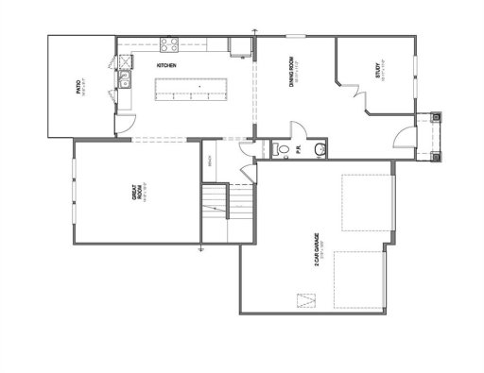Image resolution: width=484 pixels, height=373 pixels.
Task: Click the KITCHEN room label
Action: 167,65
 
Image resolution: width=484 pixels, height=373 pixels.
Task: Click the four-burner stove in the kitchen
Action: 170,43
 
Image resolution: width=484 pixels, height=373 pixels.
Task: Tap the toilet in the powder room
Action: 279,149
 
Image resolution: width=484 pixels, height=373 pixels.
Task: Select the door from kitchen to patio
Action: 123,121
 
